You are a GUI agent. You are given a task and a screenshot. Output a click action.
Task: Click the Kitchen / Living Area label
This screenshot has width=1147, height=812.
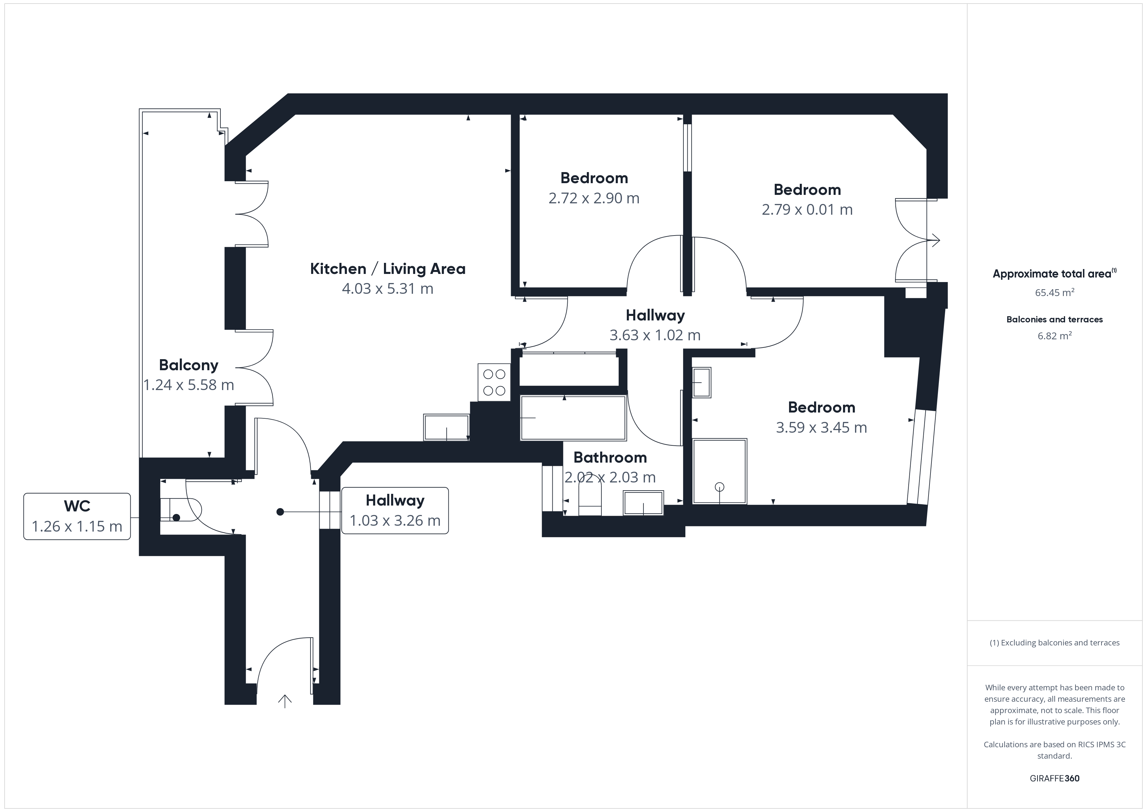pos(388,269)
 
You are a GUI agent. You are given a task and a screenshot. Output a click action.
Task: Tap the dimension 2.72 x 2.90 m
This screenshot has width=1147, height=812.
pos(594,198)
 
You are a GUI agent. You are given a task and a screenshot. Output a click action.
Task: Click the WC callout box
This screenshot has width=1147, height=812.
pos(77,516)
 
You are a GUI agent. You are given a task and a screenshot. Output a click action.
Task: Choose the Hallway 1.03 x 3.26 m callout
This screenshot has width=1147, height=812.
pos(395,510)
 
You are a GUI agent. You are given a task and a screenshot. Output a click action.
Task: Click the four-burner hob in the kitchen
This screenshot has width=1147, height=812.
pos(494,382)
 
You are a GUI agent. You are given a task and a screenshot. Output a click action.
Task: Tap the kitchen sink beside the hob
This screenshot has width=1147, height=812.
pos(446,427)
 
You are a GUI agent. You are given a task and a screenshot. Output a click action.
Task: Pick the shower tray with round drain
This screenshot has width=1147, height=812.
pos(719,471)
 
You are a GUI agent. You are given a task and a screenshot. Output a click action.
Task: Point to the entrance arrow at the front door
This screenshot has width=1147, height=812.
pos(285,701)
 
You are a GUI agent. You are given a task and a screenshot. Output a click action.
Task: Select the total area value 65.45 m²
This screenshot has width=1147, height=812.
pos(1055,292)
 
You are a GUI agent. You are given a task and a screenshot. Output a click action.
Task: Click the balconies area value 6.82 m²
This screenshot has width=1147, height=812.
pos(1055,335)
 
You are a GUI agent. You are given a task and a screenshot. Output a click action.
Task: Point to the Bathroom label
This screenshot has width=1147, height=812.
pos(610,457)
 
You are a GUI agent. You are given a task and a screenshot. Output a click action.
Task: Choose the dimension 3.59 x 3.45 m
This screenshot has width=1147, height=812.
pos(821,427)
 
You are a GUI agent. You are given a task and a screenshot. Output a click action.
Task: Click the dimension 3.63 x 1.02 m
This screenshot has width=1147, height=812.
pos(655,335)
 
